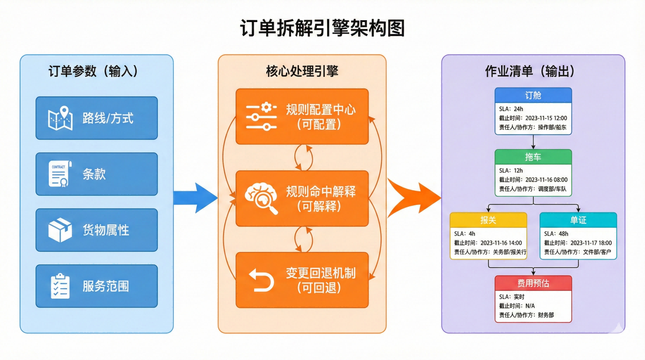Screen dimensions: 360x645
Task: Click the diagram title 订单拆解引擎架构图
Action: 322,28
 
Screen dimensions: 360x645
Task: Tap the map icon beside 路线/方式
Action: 60,118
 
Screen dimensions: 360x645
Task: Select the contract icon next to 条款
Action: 60,174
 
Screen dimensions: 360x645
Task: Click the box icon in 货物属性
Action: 60,230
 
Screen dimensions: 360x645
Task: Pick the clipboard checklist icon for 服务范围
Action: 60,286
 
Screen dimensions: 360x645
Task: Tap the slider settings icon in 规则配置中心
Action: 261,116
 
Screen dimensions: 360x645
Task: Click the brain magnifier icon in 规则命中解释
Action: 261,199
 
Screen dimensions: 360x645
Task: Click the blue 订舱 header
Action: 533,95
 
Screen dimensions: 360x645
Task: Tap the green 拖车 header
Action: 533,157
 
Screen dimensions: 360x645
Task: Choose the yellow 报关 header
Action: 488,220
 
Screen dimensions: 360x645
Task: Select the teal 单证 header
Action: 578,220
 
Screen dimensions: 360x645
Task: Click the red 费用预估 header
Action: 533,283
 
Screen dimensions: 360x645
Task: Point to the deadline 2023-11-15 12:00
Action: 546,118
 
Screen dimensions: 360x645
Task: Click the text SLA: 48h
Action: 556,234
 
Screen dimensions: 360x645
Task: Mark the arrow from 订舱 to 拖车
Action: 533,142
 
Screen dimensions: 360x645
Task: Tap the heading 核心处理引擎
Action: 302,71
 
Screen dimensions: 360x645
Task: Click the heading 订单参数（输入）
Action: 93,71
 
